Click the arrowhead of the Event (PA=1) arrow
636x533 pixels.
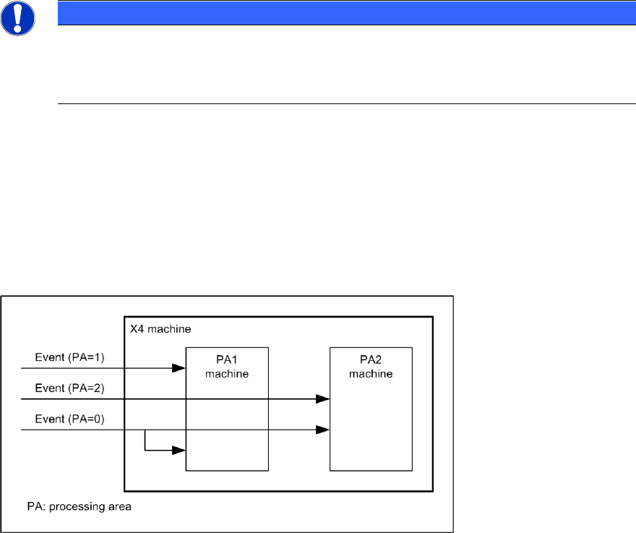click(x=179, y=368)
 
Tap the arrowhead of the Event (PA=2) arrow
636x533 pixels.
click(x=322, y=398)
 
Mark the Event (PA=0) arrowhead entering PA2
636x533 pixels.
click(x=322, y=430)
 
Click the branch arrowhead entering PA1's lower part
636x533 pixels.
click(x=179, y=450)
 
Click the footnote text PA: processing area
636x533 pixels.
click(x=77, y=506)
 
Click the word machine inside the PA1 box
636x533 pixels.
click(x=227, y=373)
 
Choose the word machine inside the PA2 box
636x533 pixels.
click(x=371, y=373)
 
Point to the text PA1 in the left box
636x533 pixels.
click(x=227, y=362)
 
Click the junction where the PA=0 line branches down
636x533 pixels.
click(x=145, y=430)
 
